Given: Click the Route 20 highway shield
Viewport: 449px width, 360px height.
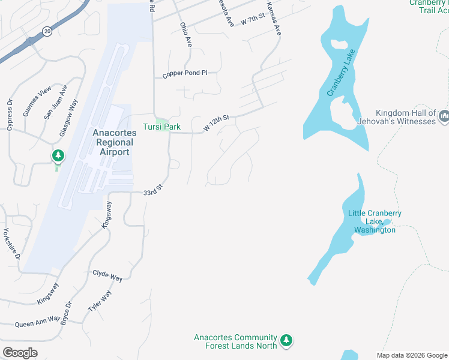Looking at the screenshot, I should (x=47, y=31).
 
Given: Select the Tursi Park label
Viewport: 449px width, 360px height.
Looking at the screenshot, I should (x=161, y=127).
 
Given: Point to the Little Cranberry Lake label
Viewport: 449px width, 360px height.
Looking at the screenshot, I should (x=375, y=221).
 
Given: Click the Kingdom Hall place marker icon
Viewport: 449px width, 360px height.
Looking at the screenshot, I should (x=444, y=116).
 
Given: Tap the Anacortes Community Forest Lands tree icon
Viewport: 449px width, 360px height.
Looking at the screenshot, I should (x=287, y=341).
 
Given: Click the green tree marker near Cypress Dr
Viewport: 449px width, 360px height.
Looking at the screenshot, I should (x=58, y=157).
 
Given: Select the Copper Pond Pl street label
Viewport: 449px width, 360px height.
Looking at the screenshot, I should (x=185, y=74).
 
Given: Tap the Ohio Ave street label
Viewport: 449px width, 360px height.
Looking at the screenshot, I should (x=185, y=35).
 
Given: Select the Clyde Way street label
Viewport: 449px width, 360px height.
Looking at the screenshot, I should (x=107, y=275).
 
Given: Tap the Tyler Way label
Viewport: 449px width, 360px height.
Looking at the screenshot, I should (x=100, y=300).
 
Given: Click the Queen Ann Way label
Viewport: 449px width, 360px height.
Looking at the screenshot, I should (x=37, y=322).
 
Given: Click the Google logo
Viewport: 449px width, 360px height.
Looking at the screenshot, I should (x=20, y=352).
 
